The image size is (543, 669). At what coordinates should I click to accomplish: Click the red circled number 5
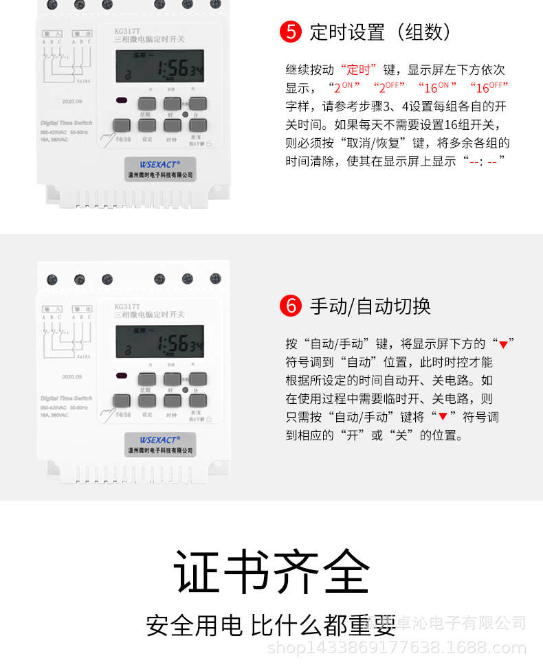pos(291,32)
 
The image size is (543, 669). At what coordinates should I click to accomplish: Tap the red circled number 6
pos(291,306)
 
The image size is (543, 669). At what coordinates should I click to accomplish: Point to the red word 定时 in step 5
pos(360,69)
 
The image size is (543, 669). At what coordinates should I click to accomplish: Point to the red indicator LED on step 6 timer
pos(122,376)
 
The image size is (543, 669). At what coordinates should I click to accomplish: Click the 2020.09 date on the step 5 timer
pos(71,101)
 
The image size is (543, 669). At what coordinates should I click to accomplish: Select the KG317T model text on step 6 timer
pos(127,306)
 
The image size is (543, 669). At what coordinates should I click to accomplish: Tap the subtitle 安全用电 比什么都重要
pos(271,625)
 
